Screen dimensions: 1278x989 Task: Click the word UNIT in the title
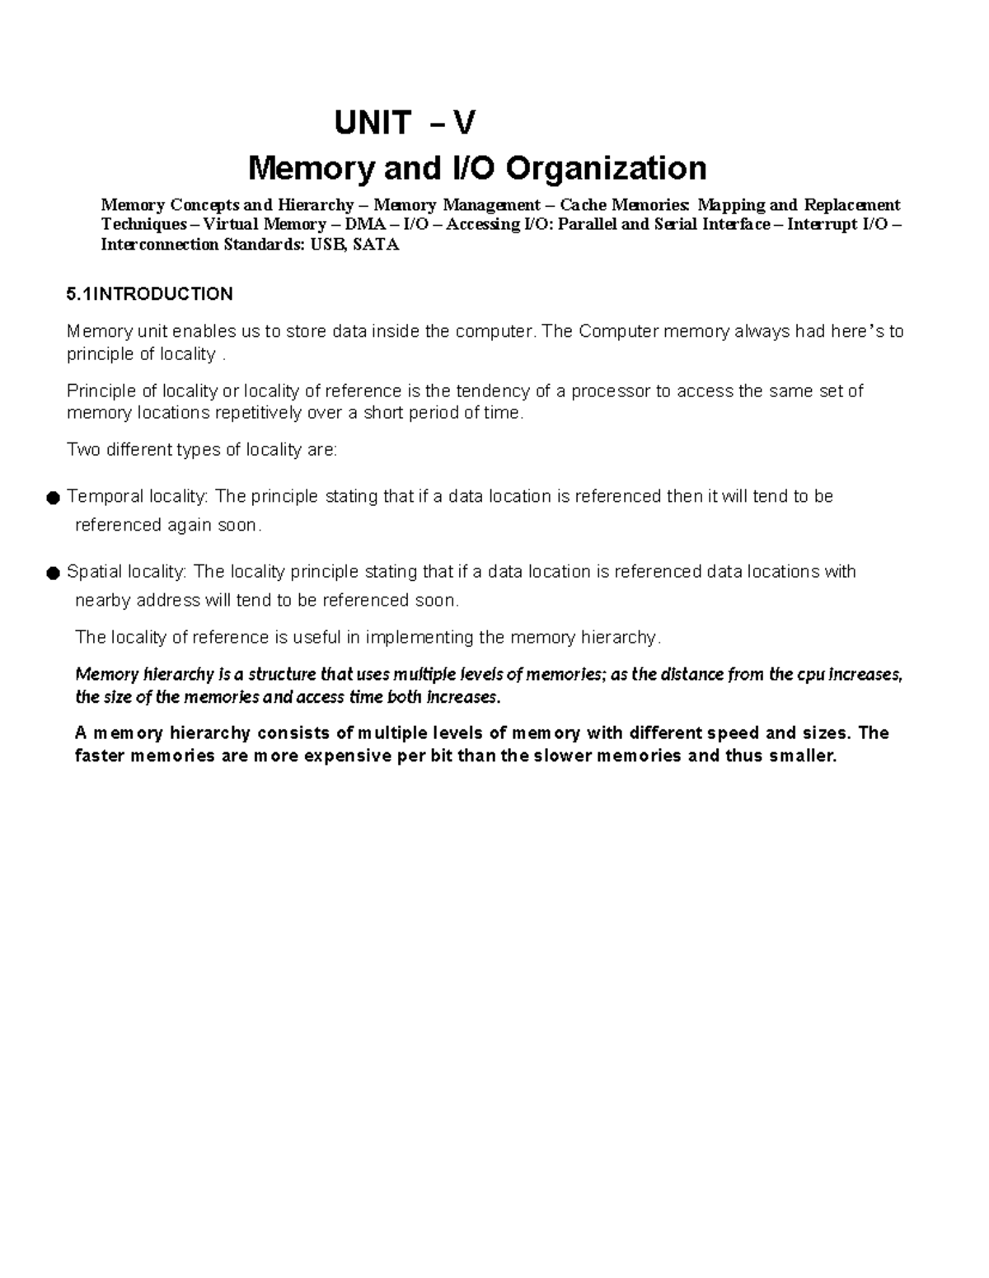(x=372, y=124)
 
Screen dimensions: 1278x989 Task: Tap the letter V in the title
(x=464, y=124)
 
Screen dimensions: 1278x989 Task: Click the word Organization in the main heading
(x=606, y=168)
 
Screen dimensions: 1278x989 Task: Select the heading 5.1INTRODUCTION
(x=149, y=294)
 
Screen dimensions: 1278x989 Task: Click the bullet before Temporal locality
(x=53, y=498)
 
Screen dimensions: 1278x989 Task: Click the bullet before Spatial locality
(x=53, y=573)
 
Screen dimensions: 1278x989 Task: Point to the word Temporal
(x=105, y=496)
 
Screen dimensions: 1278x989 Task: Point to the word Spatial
(x=96, y=571)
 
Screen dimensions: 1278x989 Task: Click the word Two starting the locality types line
(x=82, y=450)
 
